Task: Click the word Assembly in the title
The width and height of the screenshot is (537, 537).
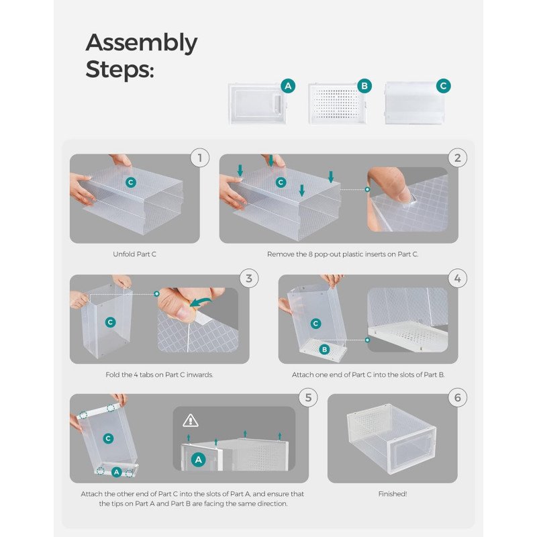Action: pos(142,43)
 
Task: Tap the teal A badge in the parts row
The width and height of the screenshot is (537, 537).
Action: pos(288,86)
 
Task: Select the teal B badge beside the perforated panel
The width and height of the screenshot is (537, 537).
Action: pos(364,86)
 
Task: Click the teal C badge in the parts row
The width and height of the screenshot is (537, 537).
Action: pos(444,86)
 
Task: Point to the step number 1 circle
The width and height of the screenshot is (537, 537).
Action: pos(200,158)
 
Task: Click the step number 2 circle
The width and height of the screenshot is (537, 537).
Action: pos(458,158)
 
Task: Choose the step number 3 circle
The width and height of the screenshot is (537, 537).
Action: pos(249,279)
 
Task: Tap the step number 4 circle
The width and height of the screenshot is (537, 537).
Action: pos(458,279)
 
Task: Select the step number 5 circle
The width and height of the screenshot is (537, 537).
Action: pos(308,397)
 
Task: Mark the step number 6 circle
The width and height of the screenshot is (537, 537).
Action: pos(458,397)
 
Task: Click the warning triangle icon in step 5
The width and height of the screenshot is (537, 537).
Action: pos(191,421)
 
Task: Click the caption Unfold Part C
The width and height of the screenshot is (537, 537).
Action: pos(135,254)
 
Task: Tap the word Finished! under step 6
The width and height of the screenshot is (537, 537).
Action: pos(393,494)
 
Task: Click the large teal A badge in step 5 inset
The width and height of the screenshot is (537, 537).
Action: pos(199,460)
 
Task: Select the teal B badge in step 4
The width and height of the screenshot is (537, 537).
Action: pos(324,349)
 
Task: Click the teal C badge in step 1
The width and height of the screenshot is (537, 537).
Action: pos(130,182)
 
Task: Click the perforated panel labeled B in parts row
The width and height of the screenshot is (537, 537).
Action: pos(338,104)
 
